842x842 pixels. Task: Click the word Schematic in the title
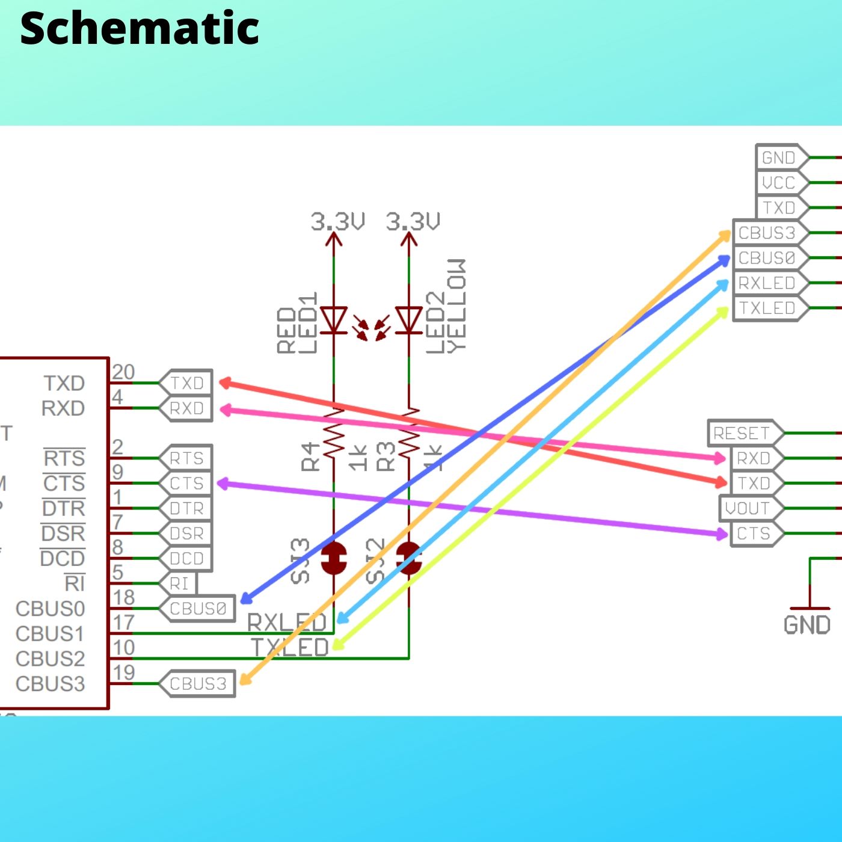(x=139, y=28)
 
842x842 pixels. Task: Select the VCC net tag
(x=778, y=182)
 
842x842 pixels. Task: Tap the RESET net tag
(x=742, y=433)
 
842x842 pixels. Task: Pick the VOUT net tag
(x=748, y=508)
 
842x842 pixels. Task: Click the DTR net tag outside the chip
(x=186, y=508)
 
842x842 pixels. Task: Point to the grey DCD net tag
(x=186, y=558)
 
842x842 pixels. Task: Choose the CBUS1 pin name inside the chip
(x=50, y=633)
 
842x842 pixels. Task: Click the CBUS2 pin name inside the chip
(x=50, y=659)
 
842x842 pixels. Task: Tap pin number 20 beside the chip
(x=123, y=372)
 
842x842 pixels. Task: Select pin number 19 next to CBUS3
(x=124, y=672)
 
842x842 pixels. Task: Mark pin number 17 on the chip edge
(x=124, y=622)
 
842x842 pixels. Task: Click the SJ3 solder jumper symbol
(x=334, y=558)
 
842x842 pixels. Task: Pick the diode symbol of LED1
(x=334, y=319)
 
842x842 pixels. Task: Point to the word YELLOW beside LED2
(x=456, y=306)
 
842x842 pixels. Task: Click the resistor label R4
(x=310, y=456)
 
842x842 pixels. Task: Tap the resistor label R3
(x=386, y=456)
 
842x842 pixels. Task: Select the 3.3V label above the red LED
(x=337, y=221)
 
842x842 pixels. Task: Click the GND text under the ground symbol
(x=807, y=625)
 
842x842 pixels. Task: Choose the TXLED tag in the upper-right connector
(x=767, y=308)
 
